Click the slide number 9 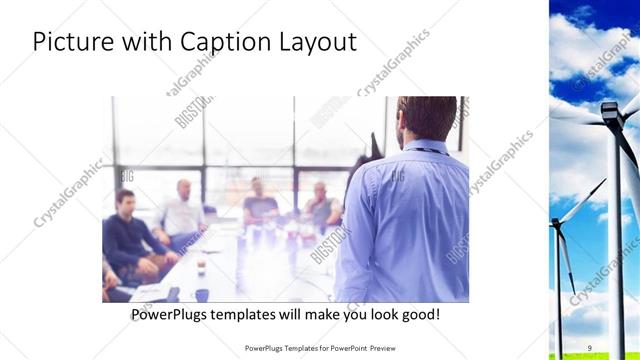click(589, 347)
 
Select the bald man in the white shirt click(182, 210)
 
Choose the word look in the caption click(378, 314)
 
